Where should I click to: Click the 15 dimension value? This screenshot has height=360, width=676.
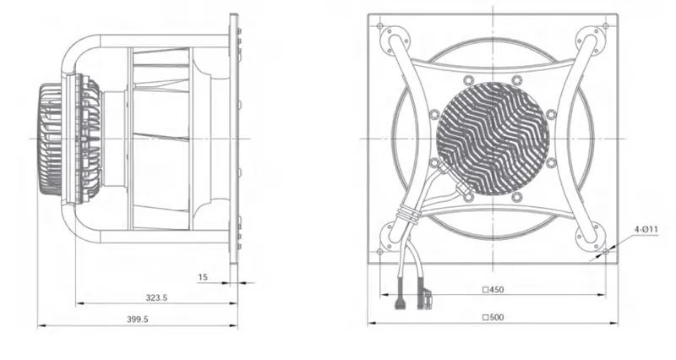(203, 277)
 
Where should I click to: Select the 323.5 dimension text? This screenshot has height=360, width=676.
(156, 297)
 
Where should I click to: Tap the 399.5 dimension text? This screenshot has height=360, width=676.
(138, 319)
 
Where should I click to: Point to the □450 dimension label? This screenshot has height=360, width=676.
(493, 290)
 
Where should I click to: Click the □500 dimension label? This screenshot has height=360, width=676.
(493, 318)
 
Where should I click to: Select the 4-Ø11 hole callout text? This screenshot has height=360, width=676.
(646, 229)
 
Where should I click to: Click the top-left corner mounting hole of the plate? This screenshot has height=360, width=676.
(379, 26)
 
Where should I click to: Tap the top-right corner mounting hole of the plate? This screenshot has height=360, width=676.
(606, 26)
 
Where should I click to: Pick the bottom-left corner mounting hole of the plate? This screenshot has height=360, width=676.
(379, 251)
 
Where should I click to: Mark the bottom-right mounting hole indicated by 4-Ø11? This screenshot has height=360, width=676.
(606, 251)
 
